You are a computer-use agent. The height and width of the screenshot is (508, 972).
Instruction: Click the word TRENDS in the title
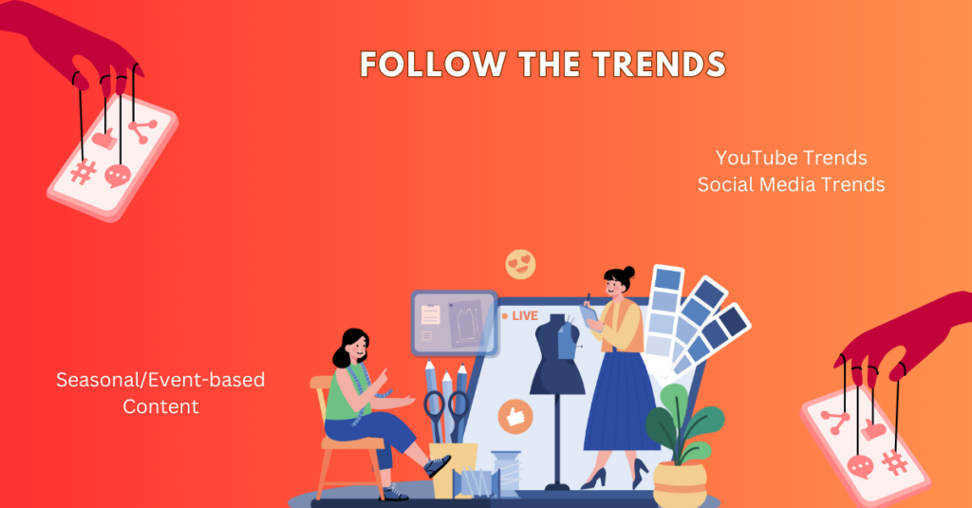[659, 64]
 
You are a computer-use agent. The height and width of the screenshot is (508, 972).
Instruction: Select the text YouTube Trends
[791, 159]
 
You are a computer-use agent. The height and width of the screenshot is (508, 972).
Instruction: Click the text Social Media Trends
[791, 185]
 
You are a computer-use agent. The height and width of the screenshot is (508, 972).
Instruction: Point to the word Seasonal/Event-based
[160, 380]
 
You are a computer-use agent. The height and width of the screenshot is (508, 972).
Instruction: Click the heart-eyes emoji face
[521, 265]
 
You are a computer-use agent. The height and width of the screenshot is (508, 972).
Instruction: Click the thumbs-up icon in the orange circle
[515, 416]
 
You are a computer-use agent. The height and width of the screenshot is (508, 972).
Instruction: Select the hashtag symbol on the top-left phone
[84, 172]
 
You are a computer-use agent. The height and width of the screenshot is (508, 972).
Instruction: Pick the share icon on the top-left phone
[143, 131]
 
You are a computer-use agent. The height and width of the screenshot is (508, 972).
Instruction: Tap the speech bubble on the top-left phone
[117, 177]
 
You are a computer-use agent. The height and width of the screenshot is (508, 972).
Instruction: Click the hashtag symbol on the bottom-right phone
[894, 462]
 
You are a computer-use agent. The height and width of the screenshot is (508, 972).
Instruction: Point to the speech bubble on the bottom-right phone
[860, 466]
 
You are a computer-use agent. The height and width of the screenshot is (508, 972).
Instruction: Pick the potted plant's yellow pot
[680, 484]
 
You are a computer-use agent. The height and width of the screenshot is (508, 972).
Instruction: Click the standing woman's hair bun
[628, 272]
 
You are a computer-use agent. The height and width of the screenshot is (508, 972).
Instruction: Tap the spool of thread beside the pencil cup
[507, 473]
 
